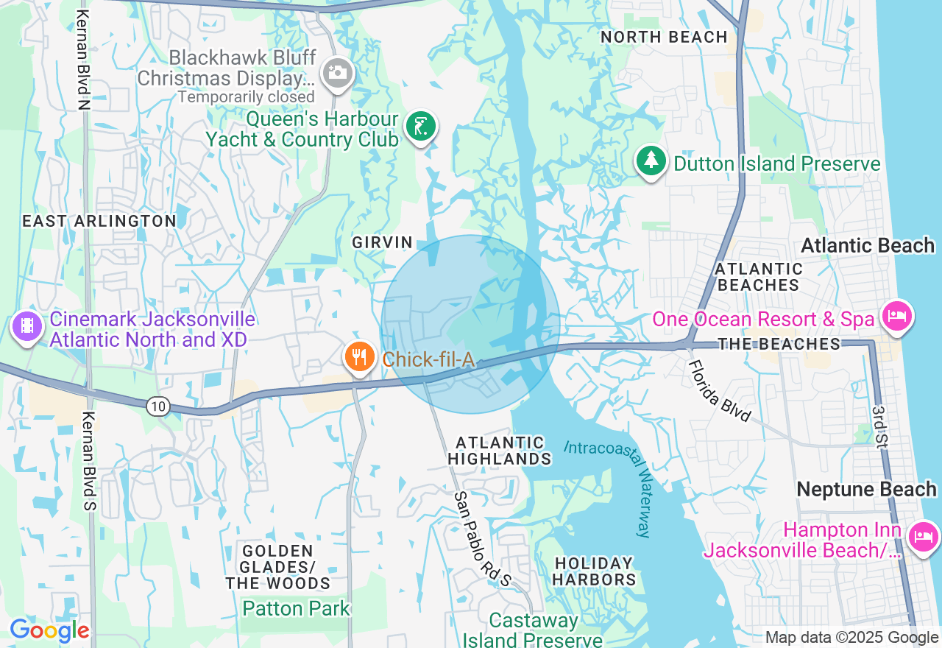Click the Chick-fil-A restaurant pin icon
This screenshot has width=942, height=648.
coord(359,357)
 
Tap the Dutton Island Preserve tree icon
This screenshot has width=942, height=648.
coord(651,162)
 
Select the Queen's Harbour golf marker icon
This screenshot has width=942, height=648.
coord(420,127)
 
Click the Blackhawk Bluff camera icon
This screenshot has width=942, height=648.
coord(338,72)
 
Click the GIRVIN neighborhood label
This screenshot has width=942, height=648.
coord(382,242)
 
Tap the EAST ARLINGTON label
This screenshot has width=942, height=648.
coord(99,221)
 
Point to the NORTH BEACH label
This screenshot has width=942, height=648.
coord(664,37)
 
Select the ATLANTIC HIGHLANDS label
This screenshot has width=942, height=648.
coord(500,451)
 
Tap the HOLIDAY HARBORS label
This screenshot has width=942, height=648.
coord(594,571)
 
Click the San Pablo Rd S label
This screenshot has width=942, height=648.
coord(482,540)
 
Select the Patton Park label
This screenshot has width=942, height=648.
coord(296,608)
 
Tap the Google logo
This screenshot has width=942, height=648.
coord(49,631)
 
